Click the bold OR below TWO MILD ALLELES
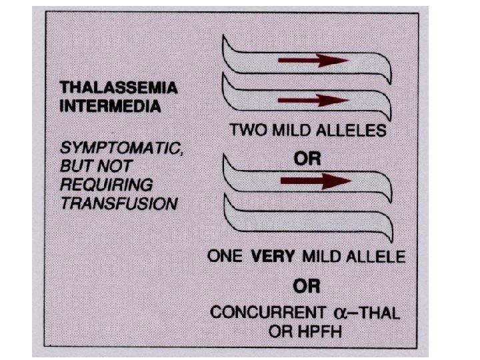point(307,159)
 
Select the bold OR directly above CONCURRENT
point(307,287)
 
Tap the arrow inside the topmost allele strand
point(313,61)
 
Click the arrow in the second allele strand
point(313,101)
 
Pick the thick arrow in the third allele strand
point(315,181)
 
